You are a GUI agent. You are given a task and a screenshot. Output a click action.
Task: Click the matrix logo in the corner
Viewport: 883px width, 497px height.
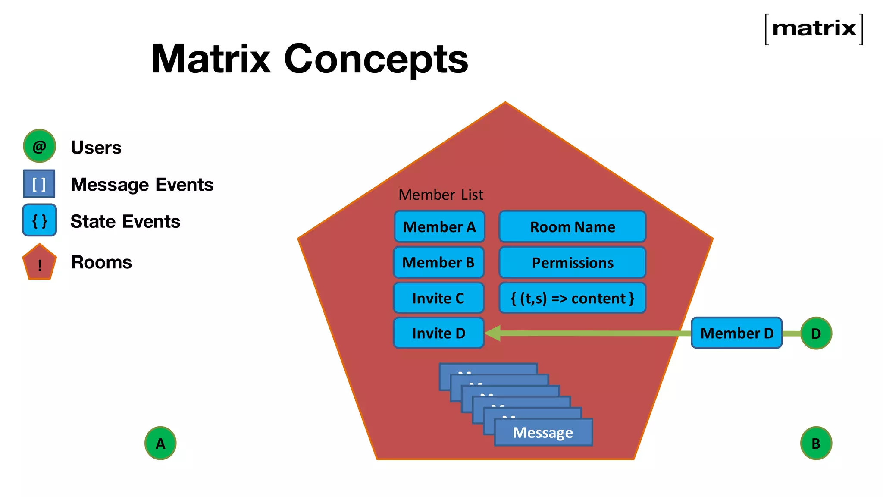point(814,29)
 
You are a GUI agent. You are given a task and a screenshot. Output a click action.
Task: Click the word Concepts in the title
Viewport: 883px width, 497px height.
point(376,59)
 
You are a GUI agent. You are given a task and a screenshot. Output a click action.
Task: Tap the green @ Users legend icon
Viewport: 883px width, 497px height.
point(39,146)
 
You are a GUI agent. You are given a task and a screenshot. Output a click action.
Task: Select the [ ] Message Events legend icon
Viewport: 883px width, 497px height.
point(39,184)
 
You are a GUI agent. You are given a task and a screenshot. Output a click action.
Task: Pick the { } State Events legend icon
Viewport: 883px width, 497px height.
point(39,220)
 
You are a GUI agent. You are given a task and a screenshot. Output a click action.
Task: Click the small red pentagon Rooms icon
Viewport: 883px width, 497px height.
point(39,263)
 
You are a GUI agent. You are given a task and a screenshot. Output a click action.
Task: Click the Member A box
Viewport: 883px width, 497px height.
point(439,226)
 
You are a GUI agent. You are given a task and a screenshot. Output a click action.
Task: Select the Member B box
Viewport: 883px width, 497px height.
point(438,262)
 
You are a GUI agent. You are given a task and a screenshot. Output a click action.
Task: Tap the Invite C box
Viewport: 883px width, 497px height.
point(438,298)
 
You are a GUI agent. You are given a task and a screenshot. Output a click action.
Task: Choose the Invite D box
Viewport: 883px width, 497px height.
point(438,333)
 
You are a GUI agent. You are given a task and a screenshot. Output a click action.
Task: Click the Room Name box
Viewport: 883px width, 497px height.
point(572,226)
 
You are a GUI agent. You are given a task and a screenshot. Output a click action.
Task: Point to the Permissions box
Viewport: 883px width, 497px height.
point(572,262)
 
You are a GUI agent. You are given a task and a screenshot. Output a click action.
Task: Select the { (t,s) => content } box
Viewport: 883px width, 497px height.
point(572,298)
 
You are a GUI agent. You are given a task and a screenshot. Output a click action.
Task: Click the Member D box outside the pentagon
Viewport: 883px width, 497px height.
point(736,333)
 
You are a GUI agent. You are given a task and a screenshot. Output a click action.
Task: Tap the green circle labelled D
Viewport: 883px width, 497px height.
point(816,333)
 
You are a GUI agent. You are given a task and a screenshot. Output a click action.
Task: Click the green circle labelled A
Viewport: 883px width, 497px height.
point(160,443)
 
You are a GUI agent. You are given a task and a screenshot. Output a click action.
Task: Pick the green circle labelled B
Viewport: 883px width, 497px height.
point(816,443)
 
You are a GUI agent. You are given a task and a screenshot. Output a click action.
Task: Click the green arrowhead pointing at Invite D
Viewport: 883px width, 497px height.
point(493,333)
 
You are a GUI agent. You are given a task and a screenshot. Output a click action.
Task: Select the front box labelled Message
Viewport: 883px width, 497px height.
point(543,432)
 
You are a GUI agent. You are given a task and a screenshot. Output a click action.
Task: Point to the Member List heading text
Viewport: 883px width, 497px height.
point(441,195)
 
